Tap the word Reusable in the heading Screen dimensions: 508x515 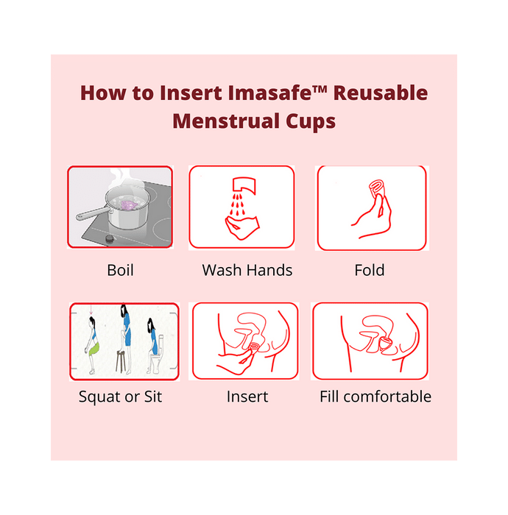point(381,93)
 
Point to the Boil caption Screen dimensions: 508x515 point(121,270)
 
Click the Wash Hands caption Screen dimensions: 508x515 point(247,270)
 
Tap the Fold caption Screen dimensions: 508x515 point(370,270)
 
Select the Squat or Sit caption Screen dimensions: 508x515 point(120,397)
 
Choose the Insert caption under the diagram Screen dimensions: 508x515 point(247,397)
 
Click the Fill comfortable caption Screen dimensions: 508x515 point(375,397)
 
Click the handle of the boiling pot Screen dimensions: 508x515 point(91,214)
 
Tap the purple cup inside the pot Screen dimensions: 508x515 point(127,205)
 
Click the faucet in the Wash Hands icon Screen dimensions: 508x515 point(244,185)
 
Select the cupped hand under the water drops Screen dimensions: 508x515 point(242,227)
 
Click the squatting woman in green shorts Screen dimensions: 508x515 point(92,345)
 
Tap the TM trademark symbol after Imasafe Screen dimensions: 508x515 point(320,89)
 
